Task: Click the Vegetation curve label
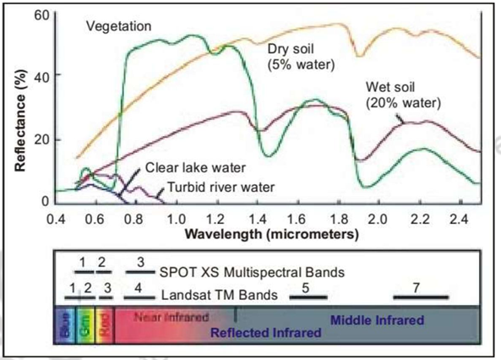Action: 118,25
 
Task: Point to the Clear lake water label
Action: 188,167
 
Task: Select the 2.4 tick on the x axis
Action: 458,219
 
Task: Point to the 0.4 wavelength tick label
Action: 57,219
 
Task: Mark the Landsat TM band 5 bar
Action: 308,297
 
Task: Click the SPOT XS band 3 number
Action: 140,261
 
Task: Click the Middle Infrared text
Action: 376,320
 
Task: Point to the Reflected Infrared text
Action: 266,333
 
